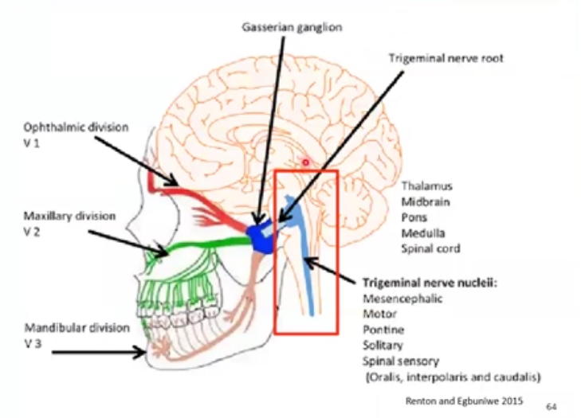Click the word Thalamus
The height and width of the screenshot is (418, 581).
[x=427, y=186]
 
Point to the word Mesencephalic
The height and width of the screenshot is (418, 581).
[x=402, y=299]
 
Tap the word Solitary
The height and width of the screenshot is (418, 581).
[x=383, y=345]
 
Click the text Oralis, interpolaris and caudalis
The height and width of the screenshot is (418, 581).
[x=454, y=376]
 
